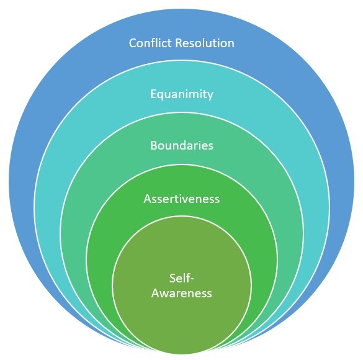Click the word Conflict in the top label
[148, 43]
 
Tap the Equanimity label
[182, 95]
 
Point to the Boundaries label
[182, 146]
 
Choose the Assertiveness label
[182, 199]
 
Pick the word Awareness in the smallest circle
[182, 292]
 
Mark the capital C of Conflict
[133, 43]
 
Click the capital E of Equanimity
[153, 95]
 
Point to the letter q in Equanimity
[160, 96]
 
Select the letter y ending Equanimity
[210, 96]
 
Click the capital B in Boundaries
[153, 146]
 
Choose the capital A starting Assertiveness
[147, 199]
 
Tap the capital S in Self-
[172, 277]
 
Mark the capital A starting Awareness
[155, 292]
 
